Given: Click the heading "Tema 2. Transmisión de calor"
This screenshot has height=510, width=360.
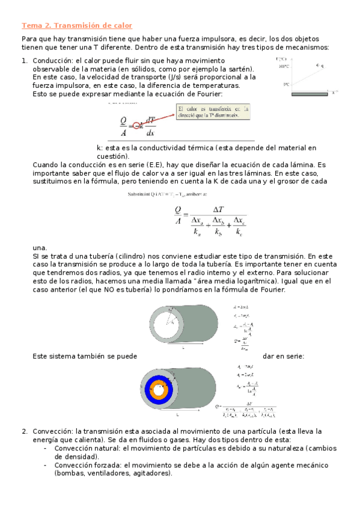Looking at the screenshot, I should (x=76, y=25).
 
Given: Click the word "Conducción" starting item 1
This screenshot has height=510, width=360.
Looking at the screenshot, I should (x=52, y=61).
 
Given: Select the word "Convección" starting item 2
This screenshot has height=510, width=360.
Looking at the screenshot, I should (x=52, y=431).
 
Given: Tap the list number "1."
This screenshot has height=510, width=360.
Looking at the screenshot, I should (x=25, y=61).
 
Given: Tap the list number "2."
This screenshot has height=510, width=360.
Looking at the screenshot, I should (x=25, y=431).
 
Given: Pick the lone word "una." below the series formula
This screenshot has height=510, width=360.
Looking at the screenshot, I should (x=39, y=247).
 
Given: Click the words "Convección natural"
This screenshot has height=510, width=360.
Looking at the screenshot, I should (x=87, y=448).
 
